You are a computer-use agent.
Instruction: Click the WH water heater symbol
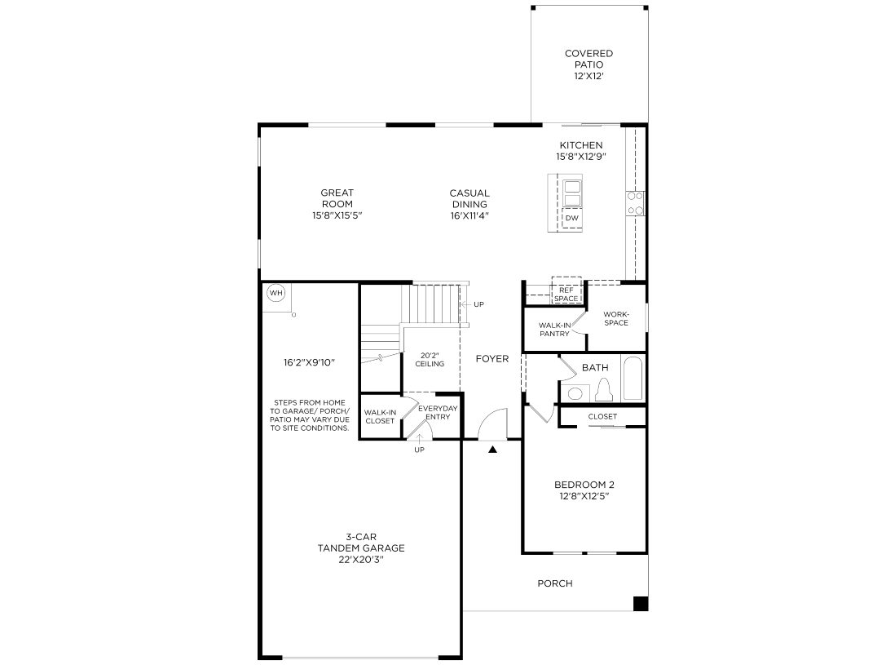tap(275, 294)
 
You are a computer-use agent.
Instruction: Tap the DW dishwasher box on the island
tap(572, 219)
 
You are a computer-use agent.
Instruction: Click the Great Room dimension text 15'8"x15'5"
tap(337, 215)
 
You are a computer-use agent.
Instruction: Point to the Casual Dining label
tap(469, 198)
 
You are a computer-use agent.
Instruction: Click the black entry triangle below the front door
tap(492, 448)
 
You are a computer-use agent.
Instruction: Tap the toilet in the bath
tap(604, 392)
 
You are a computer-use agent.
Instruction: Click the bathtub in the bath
tap(633, 379)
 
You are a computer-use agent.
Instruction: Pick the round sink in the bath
tap(575, 393)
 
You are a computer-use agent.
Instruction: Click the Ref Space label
tap(566, 295)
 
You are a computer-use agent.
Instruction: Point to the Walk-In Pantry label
tap(554, 329)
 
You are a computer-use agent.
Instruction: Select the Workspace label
tap(616, 318)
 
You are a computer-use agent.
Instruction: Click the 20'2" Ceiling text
tap(430, 359)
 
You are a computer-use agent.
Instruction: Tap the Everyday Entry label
tap(438, 412)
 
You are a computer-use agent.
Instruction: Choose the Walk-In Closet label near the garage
tap(380, 416)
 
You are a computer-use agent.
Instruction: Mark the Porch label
tap(555, 583)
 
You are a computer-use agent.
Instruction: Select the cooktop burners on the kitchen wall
tap(635, 203)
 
